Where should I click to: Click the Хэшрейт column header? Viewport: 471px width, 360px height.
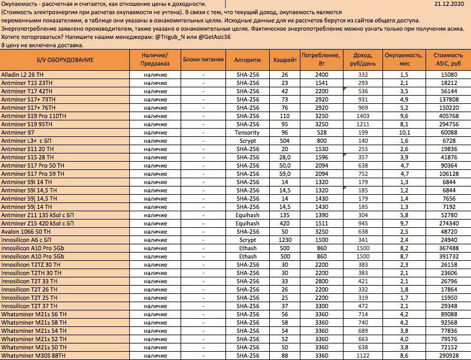click(285, 60)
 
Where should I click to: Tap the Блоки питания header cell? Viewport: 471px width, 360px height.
click(204, 60)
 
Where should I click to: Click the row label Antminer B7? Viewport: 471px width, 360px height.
click(18, 133)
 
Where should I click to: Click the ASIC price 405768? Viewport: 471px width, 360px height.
click(449, 116)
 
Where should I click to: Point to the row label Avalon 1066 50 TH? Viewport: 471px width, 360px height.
click(27, 232)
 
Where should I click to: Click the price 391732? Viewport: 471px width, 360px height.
click(449, 257)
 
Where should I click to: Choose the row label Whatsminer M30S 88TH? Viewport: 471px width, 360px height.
click(33, 356)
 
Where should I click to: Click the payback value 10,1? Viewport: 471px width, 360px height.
click(404, 133)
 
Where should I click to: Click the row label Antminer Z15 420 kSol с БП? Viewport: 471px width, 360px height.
click(37, 224)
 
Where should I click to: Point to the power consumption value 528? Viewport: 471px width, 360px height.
click(321, 133)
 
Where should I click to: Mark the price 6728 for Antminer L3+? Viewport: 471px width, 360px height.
click(449, 141)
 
